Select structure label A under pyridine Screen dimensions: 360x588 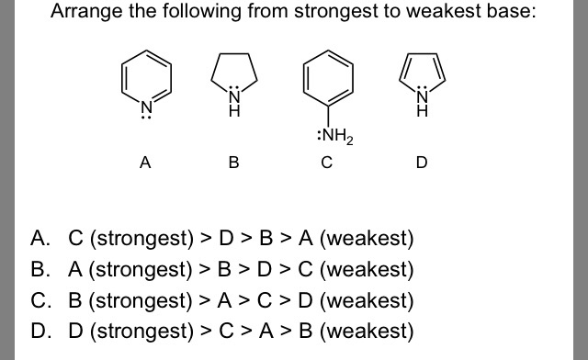pyautogui.click(x=144, y=163)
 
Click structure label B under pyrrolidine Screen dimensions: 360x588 pyautogui.click(x=233, y=163)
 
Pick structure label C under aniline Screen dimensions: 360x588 pyautogui.click(x=326, y=163)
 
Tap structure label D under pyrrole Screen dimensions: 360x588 pyautogui.click(x=422, y=163)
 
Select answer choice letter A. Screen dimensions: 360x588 pyautogui.click(x=39, y=240)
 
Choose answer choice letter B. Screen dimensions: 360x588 pyautogui.click(x=39, y=271)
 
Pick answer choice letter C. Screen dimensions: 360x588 pyautogui.click(x=39, y=300)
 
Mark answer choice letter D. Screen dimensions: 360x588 pyautogui.click(x=39, y=331)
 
